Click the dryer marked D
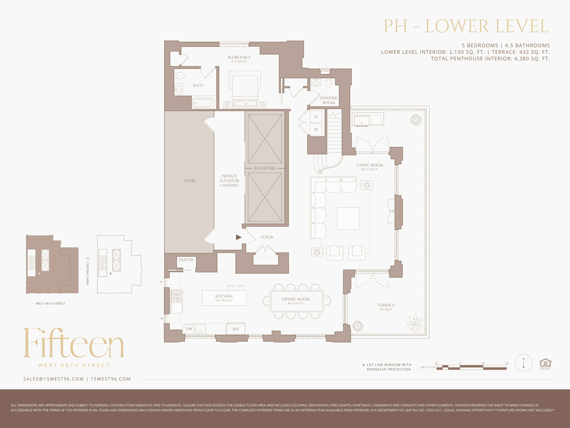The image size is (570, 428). (x=316, y=117)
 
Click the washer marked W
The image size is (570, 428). (x=316, y=129)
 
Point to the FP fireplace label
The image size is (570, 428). (x=392, y=212)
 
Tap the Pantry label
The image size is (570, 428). (x=186, y=260)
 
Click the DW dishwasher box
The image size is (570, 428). (x=189, y=329)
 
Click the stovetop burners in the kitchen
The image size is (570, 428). (x=177, y=297)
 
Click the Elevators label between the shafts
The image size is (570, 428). (x=265, y=168)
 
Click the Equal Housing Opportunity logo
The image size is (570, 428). (x=545, y=364)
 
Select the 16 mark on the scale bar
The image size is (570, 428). (x=506, y=363)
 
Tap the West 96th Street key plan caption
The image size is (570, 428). (x=50, y=304)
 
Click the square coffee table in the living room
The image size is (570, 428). (x=348, y=219)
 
